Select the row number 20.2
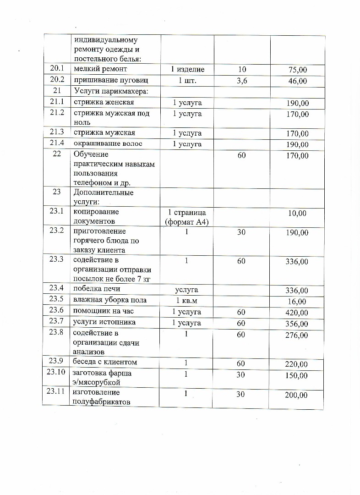tap(57, 80)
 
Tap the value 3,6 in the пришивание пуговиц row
tap(241, 80)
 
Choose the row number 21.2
tap(57, 113)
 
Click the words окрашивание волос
tap(108, 144)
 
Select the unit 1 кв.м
tap(187, 301)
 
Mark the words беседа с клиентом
tap(105, 363)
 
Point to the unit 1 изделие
tap(187, 69)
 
